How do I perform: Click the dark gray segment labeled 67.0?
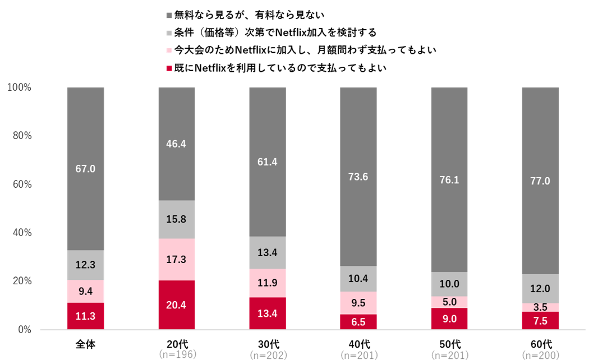tap(85, 168)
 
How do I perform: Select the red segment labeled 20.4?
tap(176, 304)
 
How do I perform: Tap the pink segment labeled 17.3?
tap(176, 260)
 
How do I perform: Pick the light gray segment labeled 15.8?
tap(176, 219)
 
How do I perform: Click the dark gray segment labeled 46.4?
tap(176, 144)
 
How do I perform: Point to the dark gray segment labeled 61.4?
tap(267, 162)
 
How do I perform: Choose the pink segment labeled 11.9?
tap(267, 283)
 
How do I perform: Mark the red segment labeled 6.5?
tap(358, 322)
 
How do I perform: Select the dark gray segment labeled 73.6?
tap(358, 177)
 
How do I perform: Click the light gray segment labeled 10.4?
tap(358, 279)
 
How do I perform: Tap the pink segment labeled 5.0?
tap(449, 302)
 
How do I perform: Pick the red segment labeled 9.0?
tap(449, 319)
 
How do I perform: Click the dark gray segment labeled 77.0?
tap(540, 181)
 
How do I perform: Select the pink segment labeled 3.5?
tap(540, 307)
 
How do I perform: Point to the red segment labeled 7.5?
tap(540, 320)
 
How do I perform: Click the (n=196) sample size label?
tap(177, 354)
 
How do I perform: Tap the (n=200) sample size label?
tap(541, 355)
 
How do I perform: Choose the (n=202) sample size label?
tap(268, 355)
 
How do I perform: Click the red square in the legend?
tap(169, 68)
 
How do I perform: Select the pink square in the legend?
tap(169, 50)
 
